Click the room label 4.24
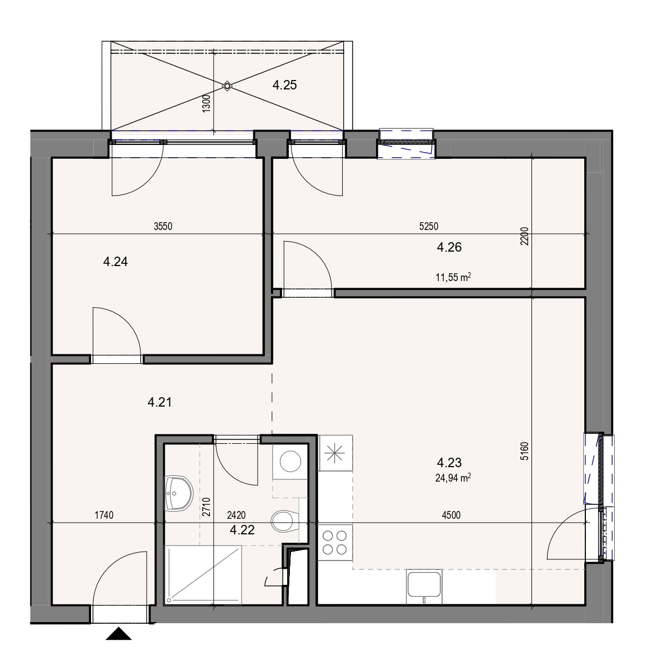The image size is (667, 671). click(x=116, y=262)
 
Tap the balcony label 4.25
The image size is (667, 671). click(x=284, y=85)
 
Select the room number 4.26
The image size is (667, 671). click(x=449, y=247)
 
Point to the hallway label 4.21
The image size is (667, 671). click(x=159, y=402)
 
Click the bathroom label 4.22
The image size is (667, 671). click(x=242, y=530)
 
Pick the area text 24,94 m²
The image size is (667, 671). click(x=453, y=478)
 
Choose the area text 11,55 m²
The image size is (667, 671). click(x=453, y=277)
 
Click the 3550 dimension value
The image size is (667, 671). click(x=163, y=226)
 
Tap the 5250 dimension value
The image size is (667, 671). click(x=428, y=226)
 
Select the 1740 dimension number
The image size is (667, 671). click(x=104, y=515)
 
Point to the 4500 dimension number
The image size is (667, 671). click(x=451, y=515)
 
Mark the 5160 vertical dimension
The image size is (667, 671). click(x=524, y=451)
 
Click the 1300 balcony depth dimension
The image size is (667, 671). click(x=207, y=103)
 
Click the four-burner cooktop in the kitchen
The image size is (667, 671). click(x=335, y=543)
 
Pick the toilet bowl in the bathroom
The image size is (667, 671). click(x=285, y=521)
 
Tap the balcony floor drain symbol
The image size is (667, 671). click(x=227, y=86)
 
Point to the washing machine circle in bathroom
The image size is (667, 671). click(x=290, y=462)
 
